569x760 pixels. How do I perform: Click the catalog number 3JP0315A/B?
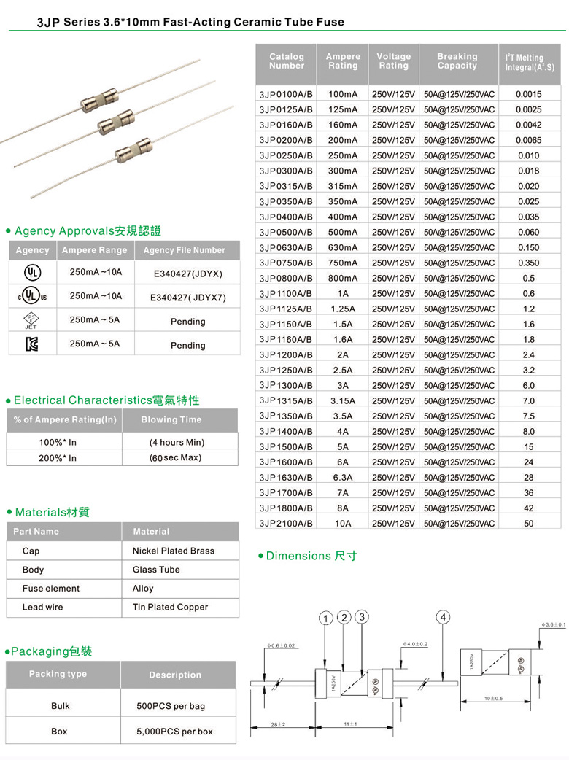tap(285, 186)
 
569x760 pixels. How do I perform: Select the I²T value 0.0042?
tap(528, 125)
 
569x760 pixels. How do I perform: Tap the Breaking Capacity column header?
tap(457, 61)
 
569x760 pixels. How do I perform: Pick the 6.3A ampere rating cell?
tap(343, 477)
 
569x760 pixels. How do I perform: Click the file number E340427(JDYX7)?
tap(188, 298)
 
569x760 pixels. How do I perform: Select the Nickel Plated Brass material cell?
tap(174, 551)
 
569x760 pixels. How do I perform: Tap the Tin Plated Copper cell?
tap(170, 607)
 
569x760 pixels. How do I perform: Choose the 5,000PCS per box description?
tap(174, 731)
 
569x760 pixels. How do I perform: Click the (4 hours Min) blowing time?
tap(177, 442)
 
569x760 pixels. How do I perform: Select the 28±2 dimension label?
tap(277, 724)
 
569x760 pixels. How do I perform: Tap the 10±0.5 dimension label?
tap(494, 699)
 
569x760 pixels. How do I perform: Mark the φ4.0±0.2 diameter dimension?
tap(415, 644)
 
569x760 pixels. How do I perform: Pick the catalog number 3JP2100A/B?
tap(285, 523)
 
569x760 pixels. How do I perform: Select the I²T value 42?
tap(528, 508)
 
